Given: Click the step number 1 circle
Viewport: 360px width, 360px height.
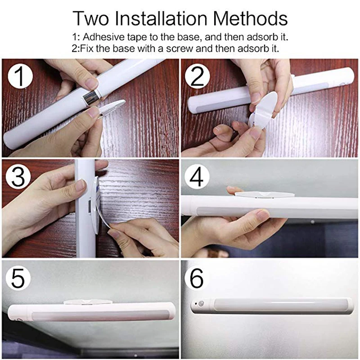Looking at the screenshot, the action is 20,76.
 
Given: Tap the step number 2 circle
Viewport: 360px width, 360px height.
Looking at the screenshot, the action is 197,76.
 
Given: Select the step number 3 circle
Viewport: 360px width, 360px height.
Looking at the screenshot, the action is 18,177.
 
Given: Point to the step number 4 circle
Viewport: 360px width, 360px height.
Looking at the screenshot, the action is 197,177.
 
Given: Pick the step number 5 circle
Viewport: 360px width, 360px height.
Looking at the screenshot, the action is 18,278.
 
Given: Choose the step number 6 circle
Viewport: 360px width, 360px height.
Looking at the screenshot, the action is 197,278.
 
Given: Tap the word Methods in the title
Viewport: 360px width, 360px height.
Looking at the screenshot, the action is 250,18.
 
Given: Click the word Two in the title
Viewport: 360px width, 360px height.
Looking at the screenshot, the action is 91,18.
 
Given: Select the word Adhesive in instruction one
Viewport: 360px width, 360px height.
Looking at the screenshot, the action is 103,37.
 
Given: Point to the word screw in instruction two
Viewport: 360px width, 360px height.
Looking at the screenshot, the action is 180,49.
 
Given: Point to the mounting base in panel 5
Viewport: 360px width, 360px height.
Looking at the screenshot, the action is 88,302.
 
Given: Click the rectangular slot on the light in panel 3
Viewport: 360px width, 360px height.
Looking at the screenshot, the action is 89,206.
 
